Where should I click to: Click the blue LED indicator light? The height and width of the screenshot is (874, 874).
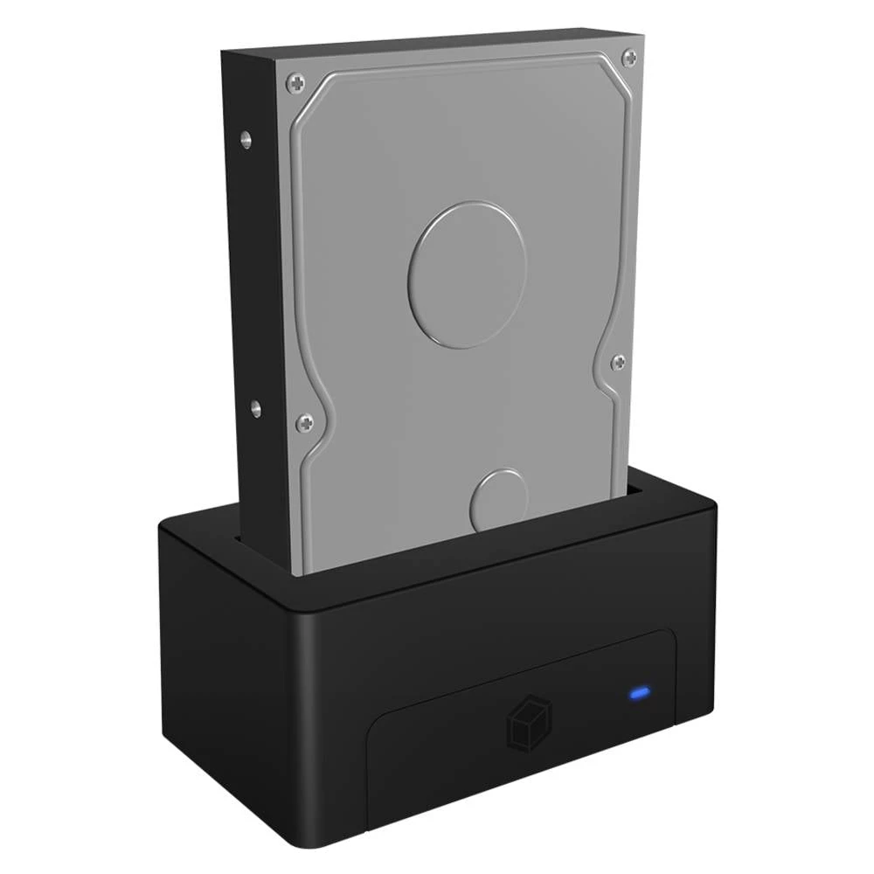pyautogui.click(x=640, y=695)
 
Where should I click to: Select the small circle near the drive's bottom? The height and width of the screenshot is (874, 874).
pyautogui.click(x=498, y=500)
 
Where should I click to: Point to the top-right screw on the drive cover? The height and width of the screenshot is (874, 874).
pyautogui.click(x=629, y=58)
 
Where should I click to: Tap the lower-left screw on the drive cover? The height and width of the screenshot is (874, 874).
pyautogui.click(x=304, y=423)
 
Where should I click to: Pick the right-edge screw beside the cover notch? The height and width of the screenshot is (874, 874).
pyautogui.click(x=618, y=362)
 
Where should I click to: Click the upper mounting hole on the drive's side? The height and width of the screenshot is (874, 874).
pyautogui.click(x=246, y=138)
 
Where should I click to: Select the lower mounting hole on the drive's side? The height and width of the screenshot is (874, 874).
pyautogui.click(x=255, y=407)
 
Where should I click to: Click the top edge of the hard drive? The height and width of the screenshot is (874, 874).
pyautogui.click(x=437, y=39)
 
